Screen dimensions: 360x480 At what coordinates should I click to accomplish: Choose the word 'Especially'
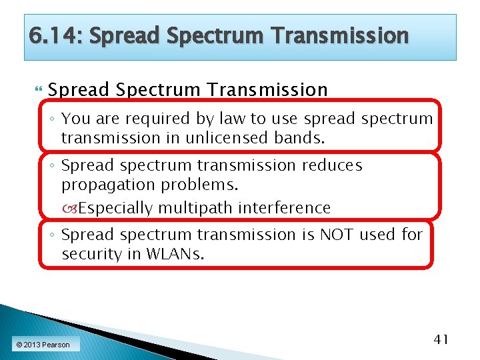[115, 208]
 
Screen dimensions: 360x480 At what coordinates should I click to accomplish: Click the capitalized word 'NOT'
[337, 235]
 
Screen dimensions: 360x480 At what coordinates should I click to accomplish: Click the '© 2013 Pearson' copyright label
[43, 345]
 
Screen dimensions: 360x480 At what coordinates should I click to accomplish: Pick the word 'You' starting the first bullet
[75, 119]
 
